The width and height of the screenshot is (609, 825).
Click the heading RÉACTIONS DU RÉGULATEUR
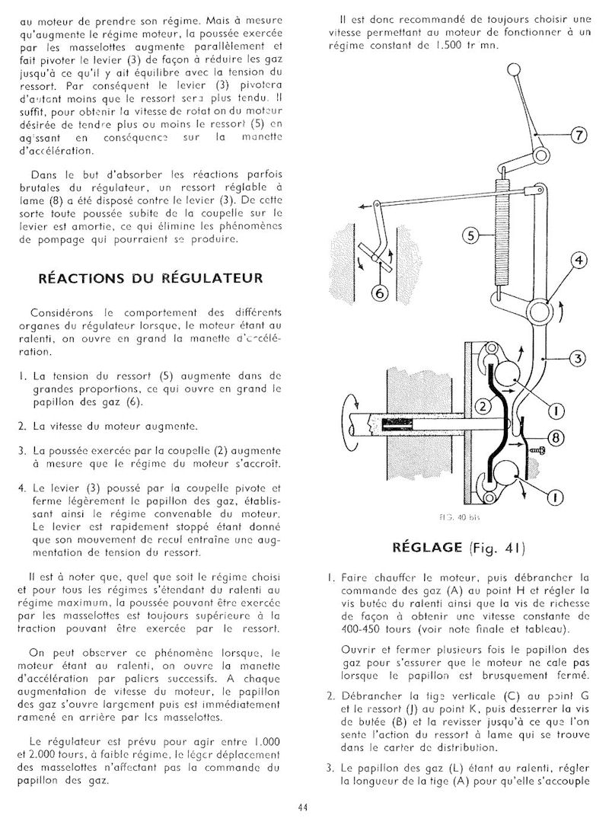pyautogui.click(x=151, y=278)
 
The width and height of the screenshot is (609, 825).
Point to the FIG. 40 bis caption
pyautogui.click(x=456, y=516)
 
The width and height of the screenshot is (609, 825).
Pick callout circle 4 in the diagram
pyautogui.click(x=578, y=261)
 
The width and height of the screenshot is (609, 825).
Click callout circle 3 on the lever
pyautogui.click(x=578, y=358)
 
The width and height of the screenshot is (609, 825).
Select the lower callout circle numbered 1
pyautogui.click(x=555, y=497)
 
